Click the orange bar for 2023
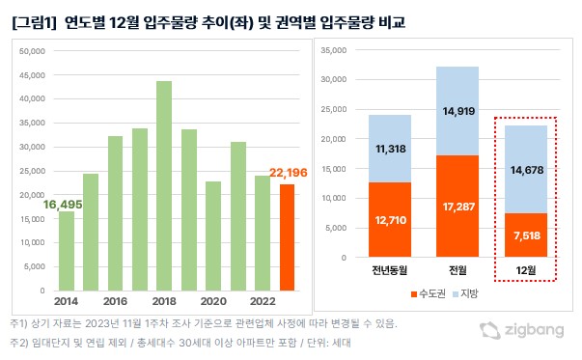287,236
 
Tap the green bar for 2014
67,250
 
